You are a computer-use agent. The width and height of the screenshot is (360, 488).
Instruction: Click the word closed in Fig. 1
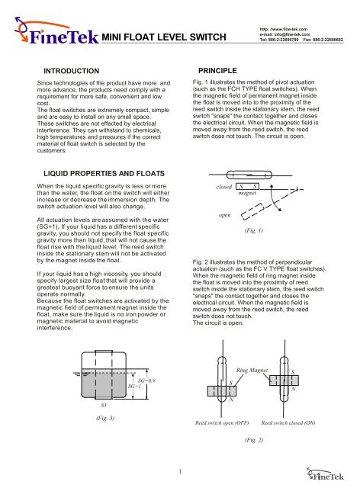(x=224, y=186)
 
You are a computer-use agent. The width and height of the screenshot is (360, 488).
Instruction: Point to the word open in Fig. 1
(x=226, y=214)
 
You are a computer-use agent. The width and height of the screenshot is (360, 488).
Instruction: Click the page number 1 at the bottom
(x=177, y=470)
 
